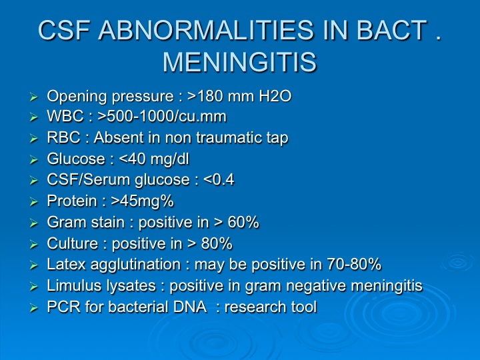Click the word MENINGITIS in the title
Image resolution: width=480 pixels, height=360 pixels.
(239, 62)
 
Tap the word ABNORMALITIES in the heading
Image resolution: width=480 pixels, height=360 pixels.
(206, 30)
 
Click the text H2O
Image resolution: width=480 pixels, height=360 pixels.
(275, 96)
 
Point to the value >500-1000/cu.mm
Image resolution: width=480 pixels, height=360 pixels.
(162, 117)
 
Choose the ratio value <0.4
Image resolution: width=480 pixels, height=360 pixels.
(219, 180)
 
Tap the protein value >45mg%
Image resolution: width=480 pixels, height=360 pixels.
(143, 201)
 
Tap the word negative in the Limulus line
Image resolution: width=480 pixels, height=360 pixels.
(316, 286)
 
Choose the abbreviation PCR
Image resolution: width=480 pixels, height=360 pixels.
(64, 307)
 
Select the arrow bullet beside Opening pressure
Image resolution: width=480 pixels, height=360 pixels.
(34, 97)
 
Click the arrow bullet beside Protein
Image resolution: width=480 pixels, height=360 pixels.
(34, 202)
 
